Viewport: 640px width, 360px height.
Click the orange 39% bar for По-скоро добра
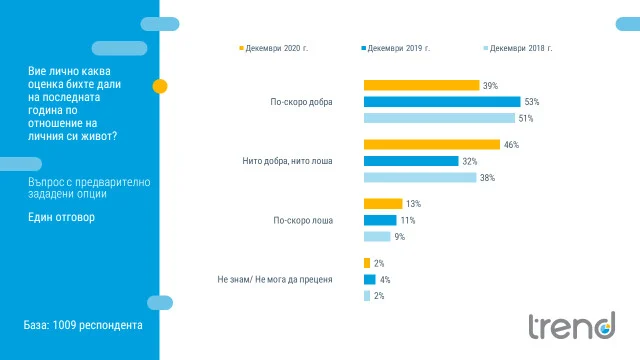[x=421, y=85]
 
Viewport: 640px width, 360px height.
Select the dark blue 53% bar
[x=442, y=102]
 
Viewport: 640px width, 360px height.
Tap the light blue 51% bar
[x=439, y=118]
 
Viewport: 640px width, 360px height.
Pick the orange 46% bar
[x=432, y=144]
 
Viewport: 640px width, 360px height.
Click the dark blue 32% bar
[x=411, y=161]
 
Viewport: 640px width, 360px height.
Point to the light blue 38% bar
[x=420, y=178]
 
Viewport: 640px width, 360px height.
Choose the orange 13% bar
[x=383, y=204]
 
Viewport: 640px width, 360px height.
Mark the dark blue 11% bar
[x=380, y=220]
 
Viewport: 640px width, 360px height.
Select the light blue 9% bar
[x=377, y=237]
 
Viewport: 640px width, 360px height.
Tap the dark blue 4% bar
[x=370, y=280]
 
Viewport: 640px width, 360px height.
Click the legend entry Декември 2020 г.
[x=273, y=48]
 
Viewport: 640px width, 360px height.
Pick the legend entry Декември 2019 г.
[x=396, y=48]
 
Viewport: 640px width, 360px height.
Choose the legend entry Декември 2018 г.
[x=518, y=48]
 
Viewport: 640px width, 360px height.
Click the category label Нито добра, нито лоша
[x=287, y=161]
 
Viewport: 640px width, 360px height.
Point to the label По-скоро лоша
[x=303, y=220]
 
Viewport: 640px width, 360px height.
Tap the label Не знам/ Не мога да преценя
[x=275, y=280]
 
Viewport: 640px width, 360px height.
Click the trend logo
[x=572, y=325]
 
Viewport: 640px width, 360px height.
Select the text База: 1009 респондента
[x=83, y=325]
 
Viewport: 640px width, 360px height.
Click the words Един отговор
[x=61, y=217]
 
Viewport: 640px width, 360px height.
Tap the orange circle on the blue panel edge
[x=160, y=86]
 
